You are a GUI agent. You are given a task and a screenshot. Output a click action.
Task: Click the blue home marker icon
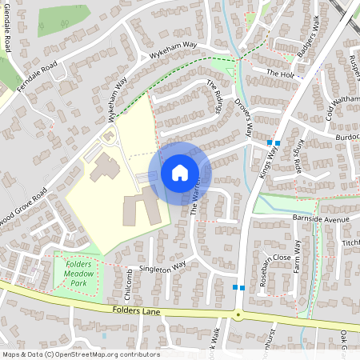tap(180, 173)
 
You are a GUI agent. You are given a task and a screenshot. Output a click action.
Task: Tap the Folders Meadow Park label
tap(79, 273)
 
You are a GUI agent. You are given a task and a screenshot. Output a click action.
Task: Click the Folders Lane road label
tap(138, 310)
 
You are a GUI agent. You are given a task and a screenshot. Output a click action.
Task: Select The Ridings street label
tap(214, 95)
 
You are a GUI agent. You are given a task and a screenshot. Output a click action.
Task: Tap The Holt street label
tap(282, 74)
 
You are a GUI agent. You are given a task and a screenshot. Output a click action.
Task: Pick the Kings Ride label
tap(299, 151)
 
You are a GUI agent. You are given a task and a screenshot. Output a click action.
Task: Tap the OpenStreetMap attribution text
tap(80, 354)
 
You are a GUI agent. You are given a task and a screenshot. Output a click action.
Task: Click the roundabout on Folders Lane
tap(238, 314)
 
